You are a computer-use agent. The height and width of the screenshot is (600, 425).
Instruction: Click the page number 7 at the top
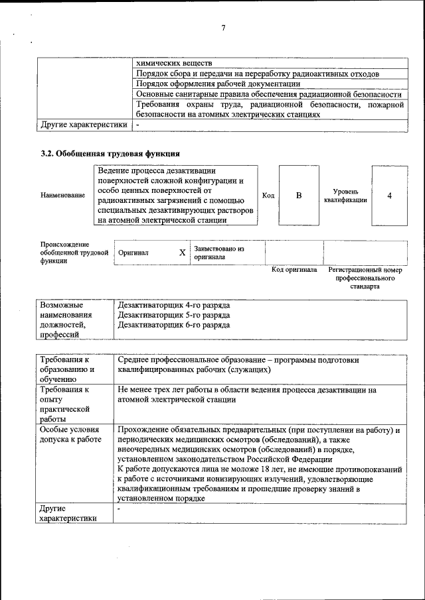click(x=224, y=28)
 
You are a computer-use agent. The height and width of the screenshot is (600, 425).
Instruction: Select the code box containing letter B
click(x=299, y=196)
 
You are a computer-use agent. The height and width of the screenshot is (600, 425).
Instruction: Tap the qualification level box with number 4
click(x=389, y=196)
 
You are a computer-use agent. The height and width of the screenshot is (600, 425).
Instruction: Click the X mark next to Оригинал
click(x=182, y=253)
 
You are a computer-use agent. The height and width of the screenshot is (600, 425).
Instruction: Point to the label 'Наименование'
click(x=63, y=196)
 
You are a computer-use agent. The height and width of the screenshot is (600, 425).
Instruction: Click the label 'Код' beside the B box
click(x=268, y=196)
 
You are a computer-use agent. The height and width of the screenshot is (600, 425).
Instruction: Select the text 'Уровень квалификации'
click(x=345, y=196)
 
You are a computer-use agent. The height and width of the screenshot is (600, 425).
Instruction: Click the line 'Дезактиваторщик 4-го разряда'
click(x=174, y=305)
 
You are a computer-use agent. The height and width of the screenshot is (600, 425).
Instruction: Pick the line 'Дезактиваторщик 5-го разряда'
click(x=174, y=315)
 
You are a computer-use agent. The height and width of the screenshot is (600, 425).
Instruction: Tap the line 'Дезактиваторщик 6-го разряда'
click(x=174, y=325)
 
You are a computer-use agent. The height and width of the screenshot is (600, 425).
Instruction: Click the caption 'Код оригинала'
click(x=294, y=270)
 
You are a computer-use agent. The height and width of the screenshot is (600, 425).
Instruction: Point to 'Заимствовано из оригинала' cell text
click(x=219, y=253)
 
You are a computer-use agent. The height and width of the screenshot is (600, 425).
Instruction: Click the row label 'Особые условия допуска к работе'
click(x=70, y=435)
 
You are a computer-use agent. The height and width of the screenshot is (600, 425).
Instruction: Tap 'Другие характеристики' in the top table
click(x=84, y=124)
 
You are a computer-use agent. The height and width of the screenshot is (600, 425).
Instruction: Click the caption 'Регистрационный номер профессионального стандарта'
click(x=365, y=279)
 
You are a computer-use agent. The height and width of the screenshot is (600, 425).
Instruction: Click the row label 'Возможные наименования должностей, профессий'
click(x=66, y=320)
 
